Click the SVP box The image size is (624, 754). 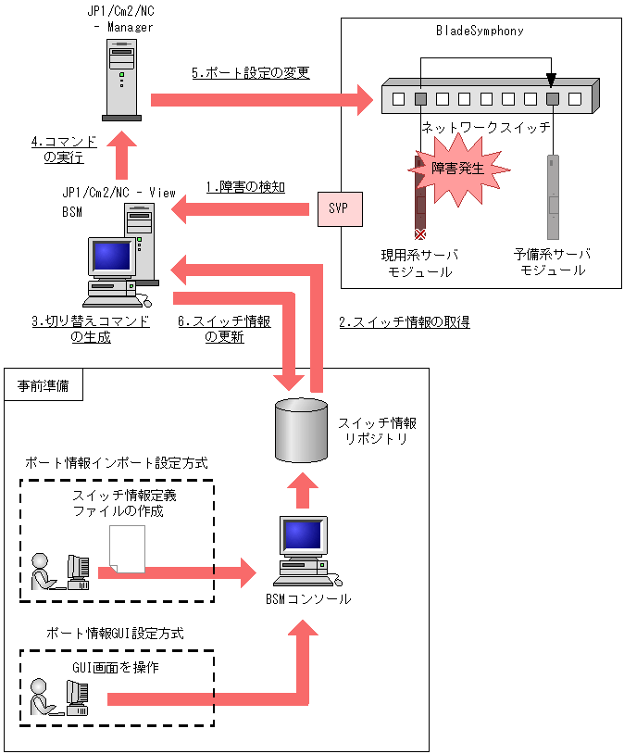tap(338, 208)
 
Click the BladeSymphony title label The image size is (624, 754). tap(480, 31)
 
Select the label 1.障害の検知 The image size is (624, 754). tap(244, 187)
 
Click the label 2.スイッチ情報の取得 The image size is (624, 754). tap(404, 322)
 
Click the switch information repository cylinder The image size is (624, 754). tap(302, 431)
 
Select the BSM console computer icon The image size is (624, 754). tap(302, 552)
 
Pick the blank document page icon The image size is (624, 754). tap(128, 548)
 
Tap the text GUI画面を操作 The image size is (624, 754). tap(115, 669)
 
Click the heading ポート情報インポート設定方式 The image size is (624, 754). tap(117, 461)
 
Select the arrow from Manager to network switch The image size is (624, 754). tap(258, 96)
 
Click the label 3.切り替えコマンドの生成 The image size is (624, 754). tap(90, 329)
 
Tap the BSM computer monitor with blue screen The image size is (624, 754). tap(109, 257)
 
